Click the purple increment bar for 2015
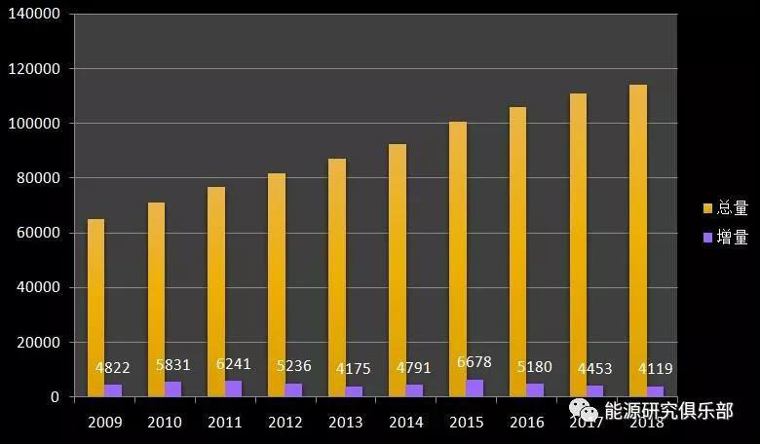tap(475, 388)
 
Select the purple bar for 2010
tap(172, 388)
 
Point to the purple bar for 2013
tap(354, 390)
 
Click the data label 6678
tap(475, 362)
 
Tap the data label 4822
tap(112, 368)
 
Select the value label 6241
tap(233, 364)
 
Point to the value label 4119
tap(655, 369)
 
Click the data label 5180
tap(534, 367)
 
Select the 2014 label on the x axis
tap(405, 423)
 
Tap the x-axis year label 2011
tap(224, 423)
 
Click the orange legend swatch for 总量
tap(708, 208)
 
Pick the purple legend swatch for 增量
tap(708, 238)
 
